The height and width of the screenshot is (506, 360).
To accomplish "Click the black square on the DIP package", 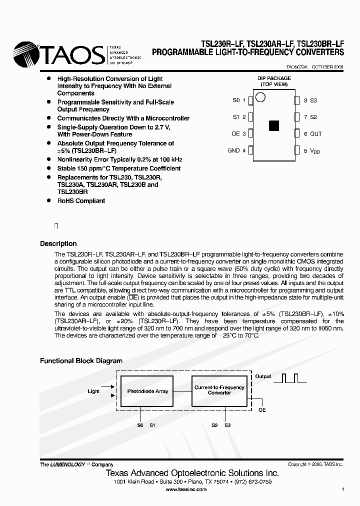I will (x=273, y=125).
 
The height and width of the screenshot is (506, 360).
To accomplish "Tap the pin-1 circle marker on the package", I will (x=260, y=96).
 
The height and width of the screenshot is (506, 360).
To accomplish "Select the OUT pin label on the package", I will (x=316, y=134).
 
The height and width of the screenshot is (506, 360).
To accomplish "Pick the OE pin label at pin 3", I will (x=236, y=134).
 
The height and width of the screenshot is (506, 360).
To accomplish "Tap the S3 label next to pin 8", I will (x=313, y=100).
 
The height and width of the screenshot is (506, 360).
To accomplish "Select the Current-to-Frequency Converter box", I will (x=219, y=390).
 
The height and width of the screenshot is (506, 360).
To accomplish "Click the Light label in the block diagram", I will (x=93, y=391).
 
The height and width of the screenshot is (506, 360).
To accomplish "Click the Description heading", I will (x=58, y=244).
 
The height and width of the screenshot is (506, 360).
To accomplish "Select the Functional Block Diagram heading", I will (x=81, y=360).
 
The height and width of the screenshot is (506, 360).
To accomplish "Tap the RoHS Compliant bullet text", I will (x=81, y=201).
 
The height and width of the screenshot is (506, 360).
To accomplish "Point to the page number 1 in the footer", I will (x=342, y=489).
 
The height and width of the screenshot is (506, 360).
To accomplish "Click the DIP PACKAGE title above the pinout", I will (x=273, y=78).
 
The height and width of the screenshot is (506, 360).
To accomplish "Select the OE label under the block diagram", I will (x=262, y=410).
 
